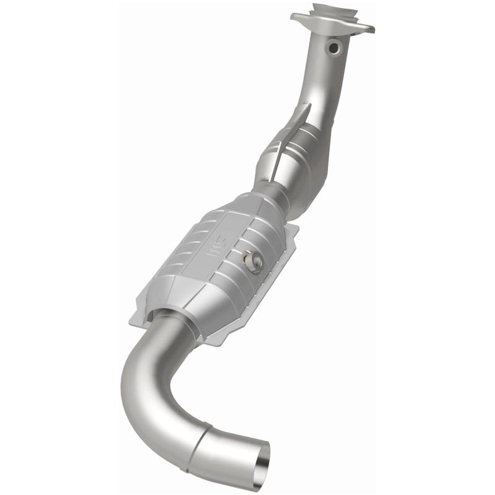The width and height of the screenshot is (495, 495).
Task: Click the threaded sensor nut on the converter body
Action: pyautogui.click(x=254, y=262)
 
